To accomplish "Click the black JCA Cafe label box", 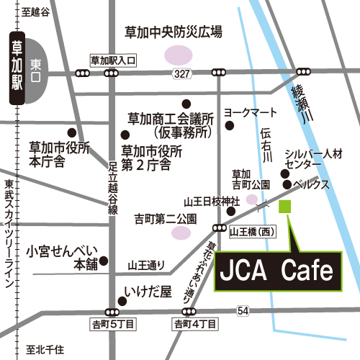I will (x=276, y=271).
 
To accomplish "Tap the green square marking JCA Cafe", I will (x=284, y=207).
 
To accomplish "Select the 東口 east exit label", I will (x=37, y=65).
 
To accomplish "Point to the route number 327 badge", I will (x=181, y=74).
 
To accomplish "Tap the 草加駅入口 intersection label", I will (x=113, y=61).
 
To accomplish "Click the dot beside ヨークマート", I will (x=230, y=126).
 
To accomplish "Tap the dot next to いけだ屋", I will (x=122, y=300).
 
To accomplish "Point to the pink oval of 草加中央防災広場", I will (x=176, y=54).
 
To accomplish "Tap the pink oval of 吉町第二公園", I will (x=181, y=232).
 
